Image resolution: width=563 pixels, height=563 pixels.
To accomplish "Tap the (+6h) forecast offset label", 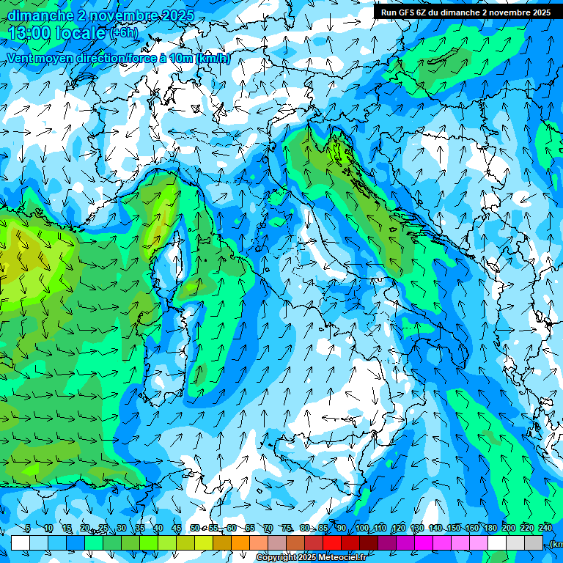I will coord(123,33).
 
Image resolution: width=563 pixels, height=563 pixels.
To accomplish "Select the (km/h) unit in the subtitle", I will coord(213,59).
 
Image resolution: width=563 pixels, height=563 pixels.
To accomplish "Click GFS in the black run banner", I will coord(408,12).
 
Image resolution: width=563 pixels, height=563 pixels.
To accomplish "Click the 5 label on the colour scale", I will coord(28,529).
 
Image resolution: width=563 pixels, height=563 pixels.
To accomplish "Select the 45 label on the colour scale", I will coord(177,529).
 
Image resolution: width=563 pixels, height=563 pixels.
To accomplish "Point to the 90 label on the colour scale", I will coord(342,529).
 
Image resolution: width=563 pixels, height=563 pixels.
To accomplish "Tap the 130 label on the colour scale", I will coord(417,529).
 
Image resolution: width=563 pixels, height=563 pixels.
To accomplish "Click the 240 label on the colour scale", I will coord(545,529).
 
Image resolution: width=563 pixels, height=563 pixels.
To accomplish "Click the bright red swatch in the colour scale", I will coord(332,542).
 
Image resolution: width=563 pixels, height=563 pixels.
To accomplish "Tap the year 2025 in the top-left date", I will coord(177,15).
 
